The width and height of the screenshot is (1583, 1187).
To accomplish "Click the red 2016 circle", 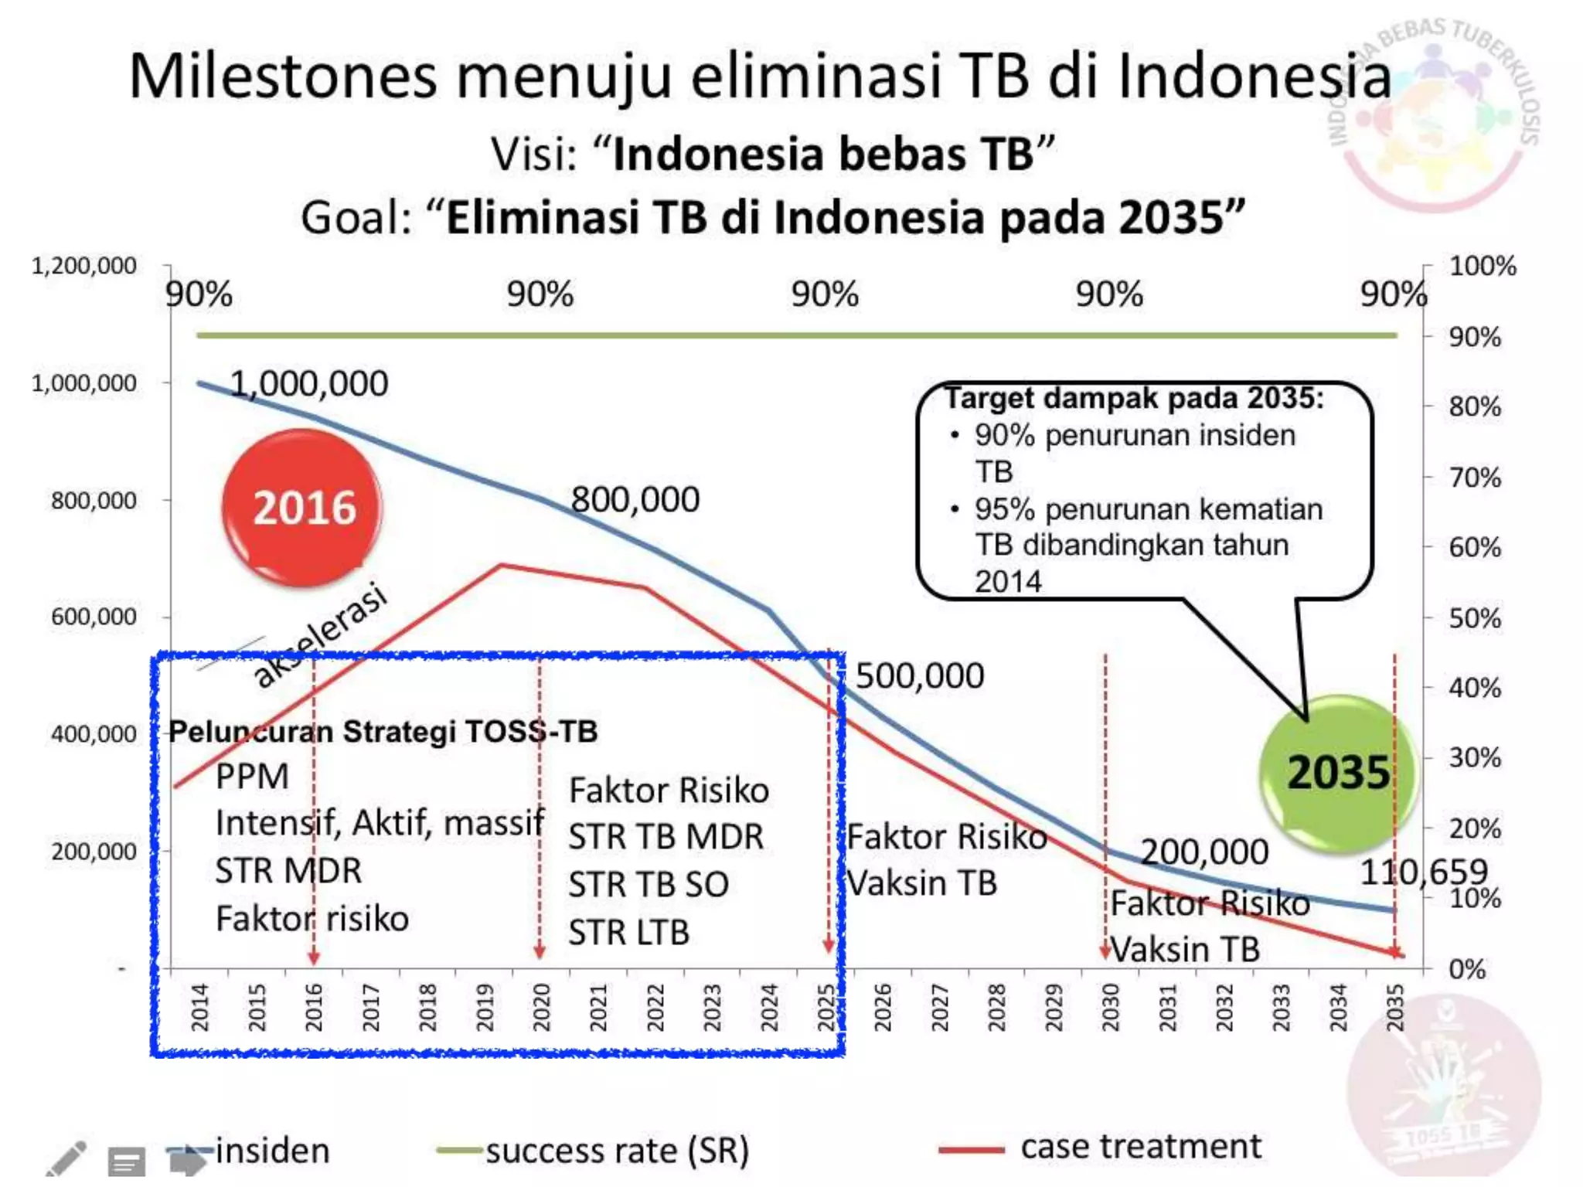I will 302,508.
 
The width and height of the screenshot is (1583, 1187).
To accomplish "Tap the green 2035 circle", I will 1337,772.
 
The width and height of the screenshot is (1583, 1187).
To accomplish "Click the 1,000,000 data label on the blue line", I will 309,383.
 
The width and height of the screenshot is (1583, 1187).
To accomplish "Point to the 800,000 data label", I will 635,499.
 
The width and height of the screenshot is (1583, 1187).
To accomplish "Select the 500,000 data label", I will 919,676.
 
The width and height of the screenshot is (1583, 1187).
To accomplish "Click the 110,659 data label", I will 1423,872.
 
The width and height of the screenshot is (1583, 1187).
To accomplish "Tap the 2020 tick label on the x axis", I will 541,1007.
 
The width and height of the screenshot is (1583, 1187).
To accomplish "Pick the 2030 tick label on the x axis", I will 1110,1007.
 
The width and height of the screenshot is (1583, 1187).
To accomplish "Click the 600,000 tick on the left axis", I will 94,617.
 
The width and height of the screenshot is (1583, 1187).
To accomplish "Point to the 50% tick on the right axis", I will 1474,618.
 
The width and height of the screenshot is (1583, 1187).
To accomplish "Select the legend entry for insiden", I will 272,1151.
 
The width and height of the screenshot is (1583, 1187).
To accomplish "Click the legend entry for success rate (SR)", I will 617,1151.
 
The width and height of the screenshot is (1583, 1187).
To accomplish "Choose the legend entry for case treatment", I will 1140,1147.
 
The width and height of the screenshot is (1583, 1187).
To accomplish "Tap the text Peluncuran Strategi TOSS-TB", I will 383,731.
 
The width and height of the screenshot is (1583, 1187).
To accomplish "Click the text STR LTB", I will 628,932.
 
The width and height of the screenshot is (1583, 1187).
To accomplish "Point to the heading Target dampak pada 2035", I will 1134,398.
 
